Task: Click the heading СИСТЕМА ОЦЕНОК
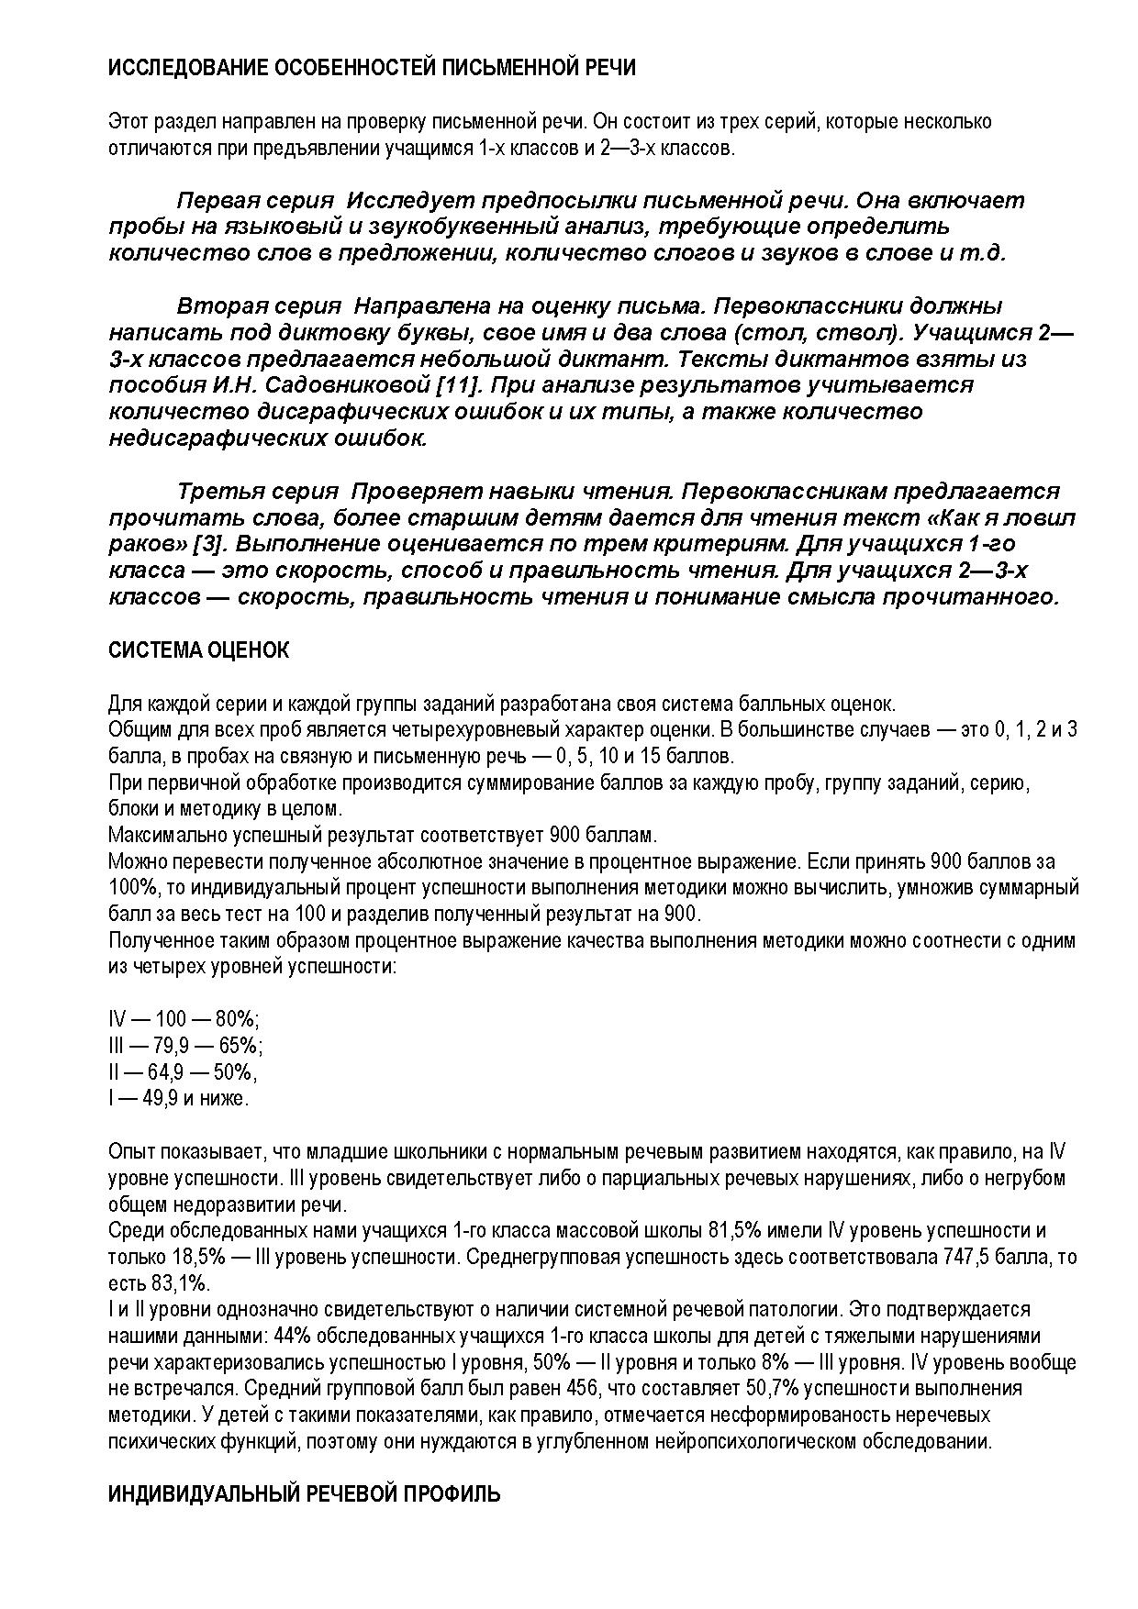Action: click(198, 650)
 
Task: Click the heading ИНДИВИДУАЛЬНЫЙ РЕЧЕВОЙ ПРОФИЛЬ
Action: click(304, 1494)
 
